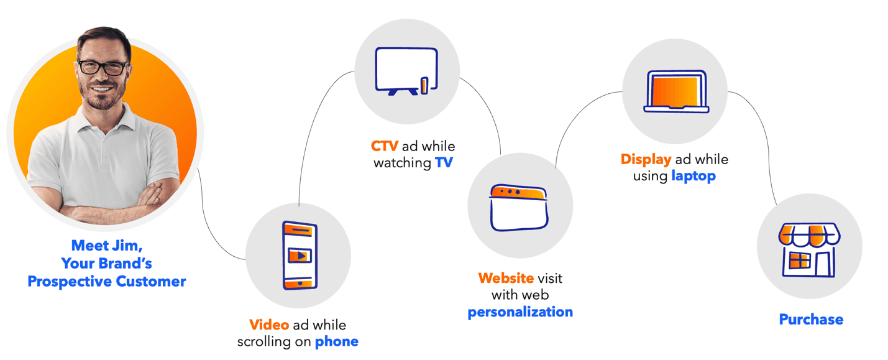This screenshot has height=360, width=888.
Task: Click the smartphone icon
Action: [300, 256]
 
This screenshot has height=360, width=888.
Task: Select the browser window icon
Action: [520, 207]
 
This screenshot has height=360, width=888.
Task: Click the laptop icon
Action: [676, 92]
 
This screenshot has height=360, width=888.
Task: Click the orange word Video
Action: [269, 325]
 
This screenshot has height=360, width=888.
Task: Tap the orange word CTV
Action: [385, 147]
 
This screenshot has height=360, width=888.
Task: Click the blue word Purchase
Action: [811, 320]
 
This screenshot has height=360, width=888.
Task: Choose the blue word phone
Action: [337, 341]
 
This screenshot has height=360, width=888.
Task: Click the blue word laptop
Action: [693, 176]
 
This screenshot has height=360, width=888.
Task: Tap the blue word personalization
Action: [520, 312]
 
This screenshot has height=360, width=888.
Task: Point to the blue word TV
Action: [444, 164]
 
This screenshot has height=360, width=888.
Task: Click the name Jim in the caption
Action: [130, 245]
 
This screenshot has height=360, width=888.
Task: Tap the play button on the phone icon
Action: [301, 255]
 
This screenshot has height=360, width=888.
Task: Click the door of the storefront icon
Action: [822, 264]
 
